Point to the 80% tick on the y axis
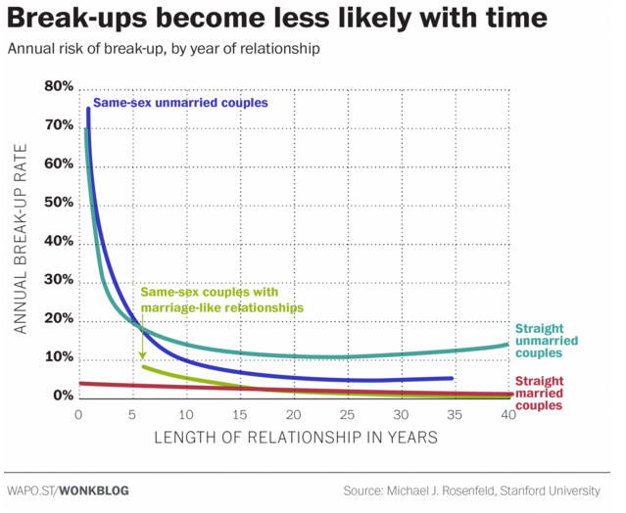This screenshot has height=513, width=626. [x=59, y=87]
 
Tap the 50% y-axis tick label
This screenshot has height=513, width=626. [x=59, y=203]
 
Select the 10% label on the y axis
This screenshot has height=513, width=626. [x=59, y=357]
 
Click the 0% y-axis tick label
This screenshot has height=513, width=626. [x=63, y=396]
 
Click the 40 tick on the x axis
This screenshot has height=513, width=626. [x=507, y=414]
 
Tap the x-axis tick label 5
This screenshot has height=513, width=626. [x=132, y=414]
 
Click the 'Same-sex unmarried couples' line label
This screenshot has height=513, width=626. [x=180, y=103]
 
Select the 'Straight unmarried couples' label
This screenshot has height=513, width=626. [x=550, y=341]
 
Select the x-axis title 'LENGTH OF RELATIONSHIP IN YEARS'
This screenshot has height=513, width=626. [x=293, y=438]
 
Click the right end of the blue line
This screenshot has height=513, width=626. [x=453, y=378]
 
